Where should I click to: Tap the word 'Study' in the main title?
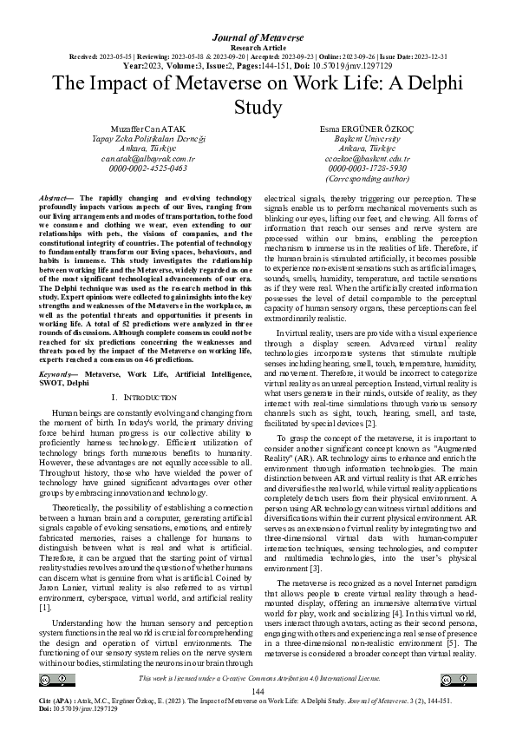point(258,107)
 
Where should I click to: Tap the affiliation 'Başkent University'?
point(364,139)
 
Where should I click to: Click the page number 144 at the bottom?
point(258,690)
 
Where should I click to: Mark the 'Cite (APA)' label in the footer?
point(57,700)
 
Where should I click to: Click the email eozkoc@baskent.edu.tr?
point(364,159)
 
